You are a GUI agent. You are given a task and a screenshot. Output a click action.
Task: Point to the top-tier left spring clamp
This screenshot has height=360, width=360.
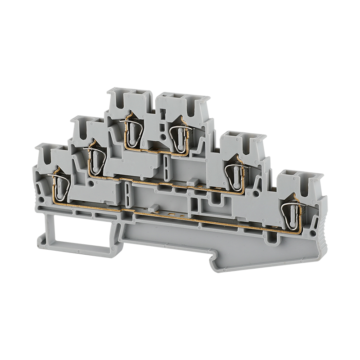tap(131, 130)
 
